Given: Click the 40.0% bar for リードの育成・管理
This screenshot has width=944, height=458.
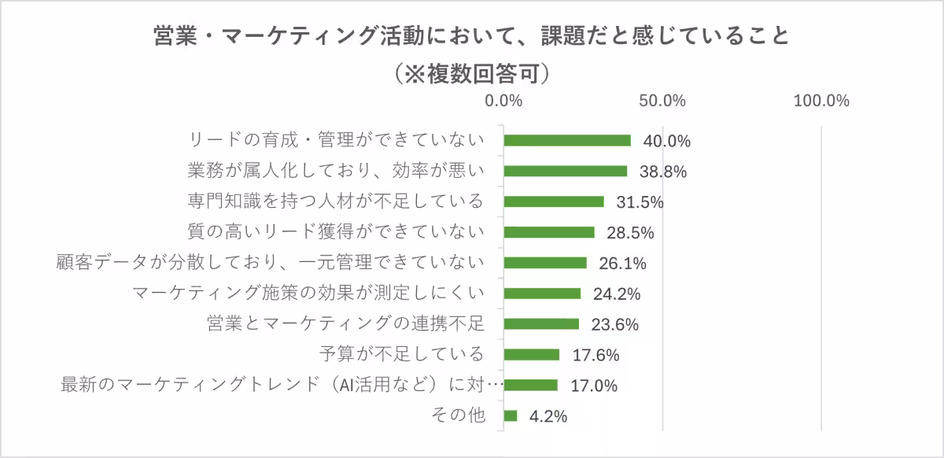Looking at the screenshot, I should point(567,140).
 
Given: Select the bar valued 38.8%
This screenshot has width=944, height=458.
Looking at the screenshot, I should point(565,171).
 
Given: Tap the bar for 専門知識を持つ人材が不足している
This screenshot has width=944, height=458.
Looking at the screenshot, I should point(554,201).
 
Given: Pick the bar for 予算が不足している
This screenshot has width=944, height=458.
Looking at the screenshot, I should point(532,354).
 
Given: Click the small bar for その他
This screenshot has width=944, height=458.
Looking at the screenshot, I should point(511,416).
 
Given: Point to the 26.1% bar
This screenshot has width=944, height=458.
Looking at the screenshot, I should point(545,263).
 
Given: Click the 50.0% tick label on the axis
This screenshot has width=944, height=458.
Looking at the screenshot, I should point(662,102).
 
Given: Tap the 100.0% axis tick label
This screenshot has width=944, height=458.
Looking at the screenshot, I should point(821,102).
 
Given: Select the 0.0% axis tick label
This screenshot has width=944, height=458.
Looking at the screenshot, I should point(503,102).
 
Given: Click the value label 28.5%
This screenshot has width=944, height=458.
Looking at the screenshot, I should point(630,233).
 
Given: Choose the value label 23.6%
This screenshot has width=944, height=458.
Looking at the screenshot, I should point(614,324).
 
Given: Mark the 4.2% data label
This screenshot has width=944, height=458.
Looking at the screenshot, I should point(548,416).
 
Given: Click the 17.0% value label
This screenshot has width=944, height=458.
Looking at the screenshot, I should point(595,386).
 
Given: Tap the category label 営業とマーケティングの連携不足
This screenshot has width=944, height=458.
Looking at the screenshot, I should point(345,323).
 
